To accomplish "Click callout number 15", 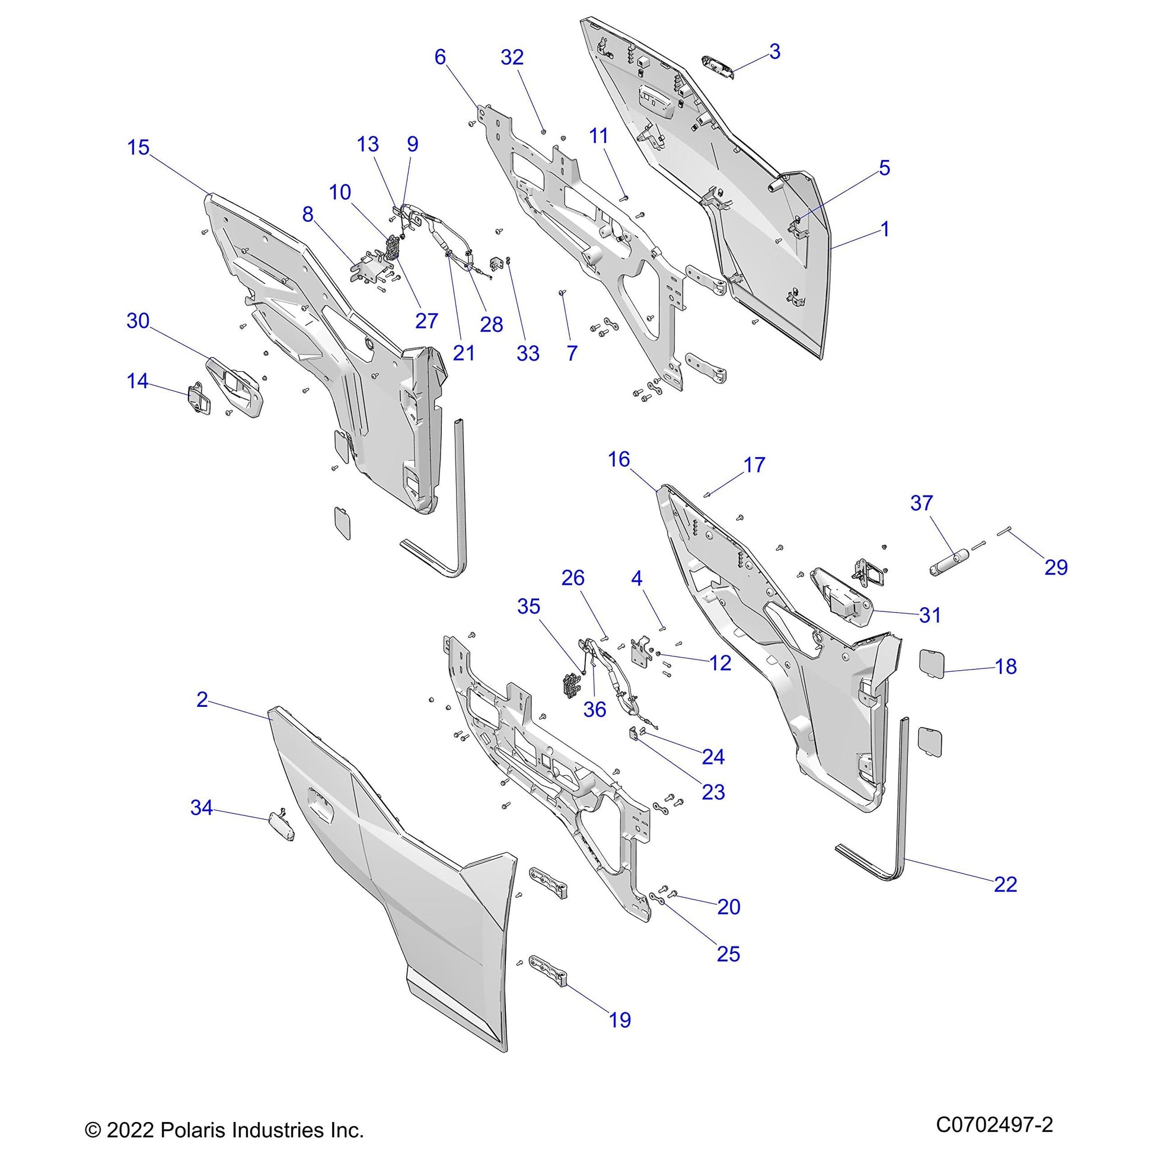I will [x=139, y=148].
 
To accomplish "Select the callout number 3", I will [x=774, y=52].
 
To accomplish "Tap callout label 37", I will [x=921, y=503].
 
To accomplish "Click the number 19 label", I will [x=620, y=1019].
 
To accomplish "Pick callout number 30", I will [x=138, y=321].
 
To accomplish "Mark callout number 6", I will [x=440, y=58].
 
